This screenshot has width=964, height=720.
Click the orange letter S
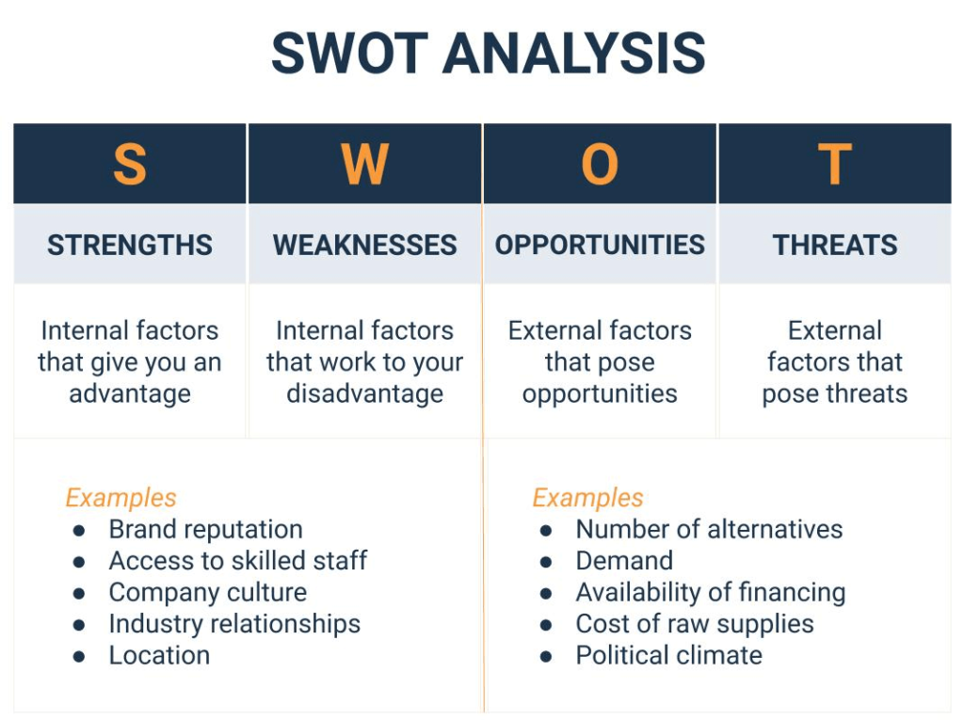(130, 165)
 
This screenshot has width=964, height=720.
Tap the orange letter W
(364, 165)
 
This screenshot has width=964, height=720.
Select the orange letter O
(600, 165)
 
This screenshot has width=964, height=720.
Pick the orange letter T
(834, 165)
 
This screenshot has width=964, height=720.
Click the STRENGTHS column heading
(130, 246)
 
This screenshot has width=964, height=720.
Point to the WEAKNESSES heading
(364, 246)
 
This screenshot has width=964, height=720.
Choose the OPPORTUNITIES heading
(600, 246)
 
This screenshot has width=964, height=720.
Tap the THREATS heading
(834, 246)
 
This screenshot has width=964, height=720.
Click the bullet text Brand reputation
(205, 530)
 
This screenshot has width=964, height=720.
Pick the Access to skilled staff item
(237, 561)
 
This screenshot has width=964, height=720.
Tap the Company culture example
(207, 593)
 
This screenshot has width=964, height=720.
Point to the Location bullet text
(159, 656)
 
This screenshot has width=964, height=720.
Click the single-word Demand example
(624, 561)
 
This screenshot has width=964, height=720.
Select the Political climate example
(668, 656)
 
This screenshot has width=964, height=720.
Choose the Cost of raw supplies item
(695, 624)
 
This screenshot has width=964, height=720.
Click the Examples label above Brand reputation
(120, 498)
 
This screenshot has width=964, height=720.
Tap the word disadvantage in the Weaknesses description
(364, 393)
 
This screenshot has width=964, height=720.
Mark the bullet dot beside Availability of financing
(546, 594)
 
